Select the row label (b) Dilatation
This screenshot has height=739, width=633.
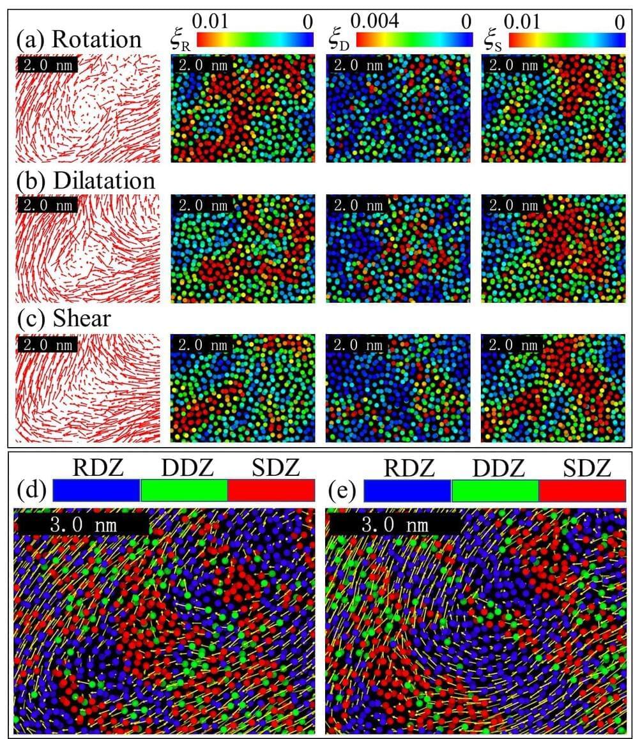[86, 181]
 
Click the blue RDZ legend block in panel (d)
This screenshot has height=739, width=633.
[96, 491]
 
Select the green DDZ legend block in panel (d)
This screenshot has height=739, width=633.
[183, 491]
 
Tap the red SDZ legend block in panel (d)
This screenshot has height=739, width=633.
[271, 491]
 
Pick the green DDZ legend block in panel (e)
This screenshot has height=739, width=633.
[495, 491]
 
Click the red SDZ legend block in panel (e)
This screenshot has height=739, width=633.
[582, 491]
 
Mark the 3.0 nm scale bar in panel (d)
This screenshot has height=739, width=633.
[81, 524]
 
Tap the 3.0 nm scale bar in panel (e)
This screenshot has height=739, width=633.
[394, 524]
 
